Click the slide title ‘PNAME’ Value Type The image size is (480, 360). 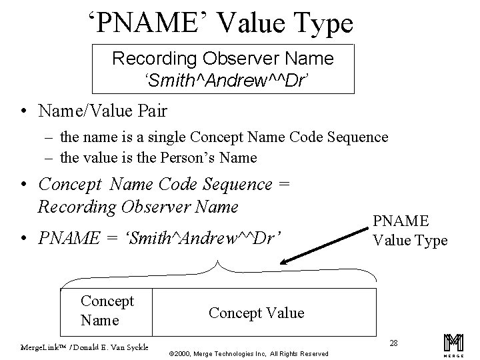pos(221,24)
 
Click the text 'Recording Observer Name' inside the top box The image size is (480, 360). pos(223,59)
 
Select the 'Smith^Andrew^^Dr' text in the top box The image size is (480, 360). pos(222,80)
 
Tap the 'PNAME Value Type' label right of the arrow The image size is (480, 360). pos(409,230)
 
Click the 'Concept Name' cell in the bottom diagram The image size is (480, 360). pos(107,310)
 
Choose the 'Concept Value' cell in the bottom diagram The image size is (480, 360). pos(256,313)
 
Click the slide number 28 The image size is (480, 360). pos(393,343)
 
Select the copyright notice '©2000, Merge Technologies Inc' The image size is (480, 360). pos(227,353)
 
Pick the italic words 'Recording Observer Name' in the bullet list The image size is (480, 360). pos(138,206)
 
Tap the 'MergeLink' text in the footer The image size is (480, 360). pos(37,347)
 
